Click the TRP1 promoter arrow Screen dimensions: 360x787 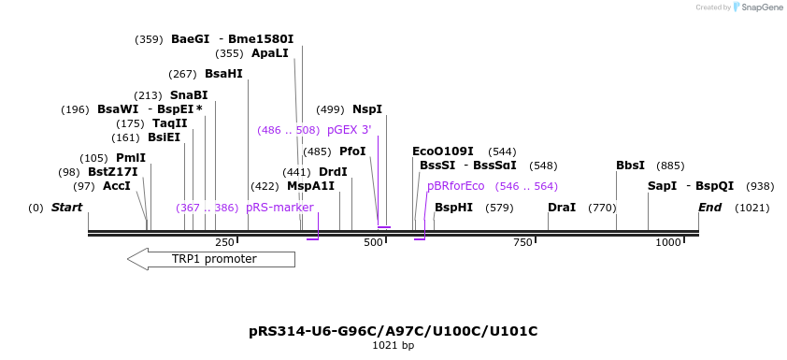214,259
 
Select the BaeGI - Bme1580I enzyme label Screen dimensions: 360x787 232,39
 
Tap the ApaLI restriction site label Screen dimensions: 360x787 270,53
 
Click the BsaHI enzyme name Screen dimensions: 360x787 223,74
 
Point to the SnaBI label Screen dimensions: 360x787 189,95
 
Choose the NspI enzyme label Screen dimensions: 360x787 367,109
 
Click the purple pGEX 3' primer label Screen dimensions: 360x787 349,130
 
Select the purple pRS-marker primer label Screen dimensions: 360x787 279,208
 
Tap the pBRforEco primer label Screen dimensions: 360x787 456,186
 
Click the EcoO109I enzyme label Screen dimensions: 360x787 443,151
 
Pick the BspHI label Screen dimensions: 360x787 453,208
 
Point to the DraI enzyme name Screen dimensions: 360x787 562,208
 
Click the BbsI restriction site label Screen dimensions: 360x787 630,166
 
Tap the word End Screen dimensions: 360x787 710,208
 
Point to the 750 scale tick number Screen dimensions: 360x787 522,243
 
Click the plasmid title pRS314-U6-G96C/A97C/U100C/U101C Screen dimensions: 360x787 393,331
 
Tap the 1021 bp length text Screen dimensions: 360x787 393,346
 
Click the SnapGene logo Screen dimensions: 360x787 758,7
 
